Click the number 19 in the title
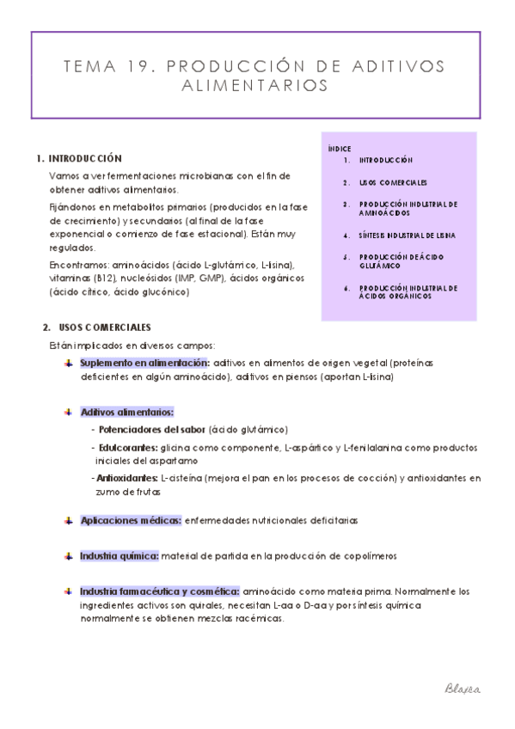140,68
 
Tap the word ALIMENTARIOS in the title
256,87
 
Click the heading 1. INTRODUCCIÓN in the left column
80,159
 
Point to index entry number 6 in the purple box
346,289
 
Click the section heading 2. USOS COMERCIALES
97,328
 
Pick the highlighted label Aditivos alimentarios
127,412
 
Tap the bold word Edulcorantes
126,447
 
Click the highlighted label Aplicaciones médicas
131,520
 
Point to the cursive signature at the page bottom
462,689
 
